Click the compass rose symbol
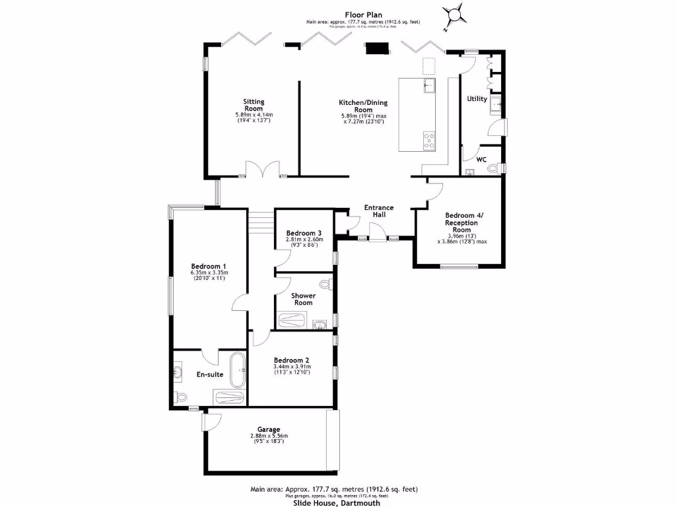[x=456, y=14]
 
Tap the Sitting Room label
[x=254, y=105]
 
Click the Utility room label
[x=477, y=99]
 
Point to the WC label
[x=481, y=160]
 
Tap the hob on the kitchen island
[x=428, y=139]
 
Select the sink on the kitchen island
[x=428, y=85]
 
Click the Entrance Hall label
[x=379, y=211]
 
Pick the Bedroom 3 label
[x=304, y=233]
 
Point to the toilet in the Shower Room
[x=324, y=283]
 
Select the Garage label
[x=269, y=429]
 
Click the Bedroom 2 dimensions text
[x=292, y=370]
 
